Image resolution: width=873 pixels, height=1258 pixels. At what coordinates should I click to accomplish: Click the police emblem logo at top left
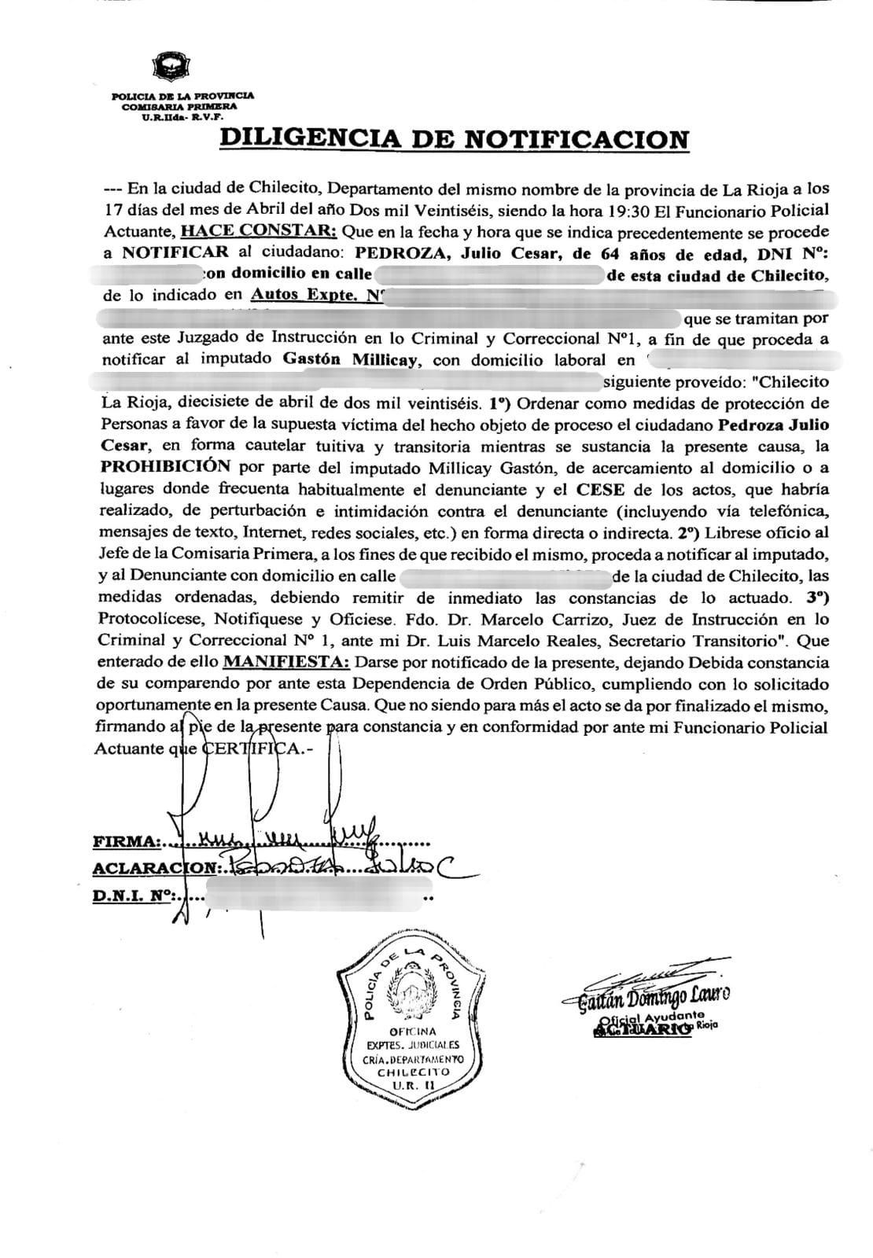click(169, 66)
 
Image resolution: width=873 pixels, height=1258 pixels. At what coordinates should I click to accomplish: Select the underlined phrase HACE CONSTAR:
click(259, 231)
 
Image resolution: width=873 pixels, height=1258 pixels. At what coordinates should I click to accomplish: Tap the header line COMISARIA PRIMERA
click(178, 106)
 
